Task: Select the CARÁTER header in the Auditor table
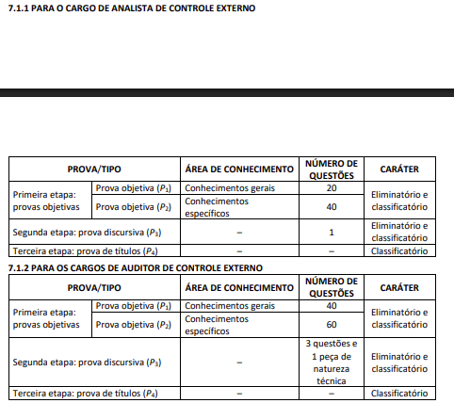tap(399, 286)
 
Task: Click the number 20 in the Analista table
tap(332, 188)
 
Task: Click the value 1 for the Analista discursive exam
tap(332, 232)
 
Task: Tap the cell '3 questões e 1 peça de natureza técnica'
tap(332, 363)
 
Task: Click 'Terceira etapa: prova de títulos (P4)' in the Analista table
tap(83, 250)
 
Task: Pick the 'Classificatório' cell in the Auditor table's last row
tap(399, 393)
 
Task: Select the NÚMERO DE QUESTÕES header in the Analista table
tap(332, 169)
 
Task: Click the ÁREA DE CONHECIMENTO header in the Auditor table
tap(239, 286)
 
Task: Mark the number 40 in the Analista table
tap(332, 206)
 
